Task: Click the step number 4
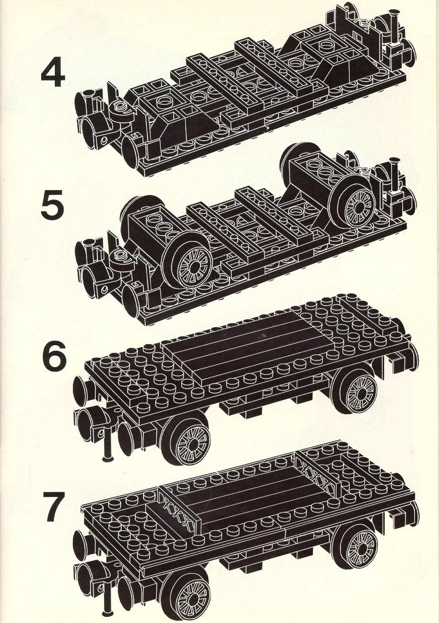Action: click(53, 75)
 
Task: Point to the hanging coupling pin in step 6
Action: click(107, 445)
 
